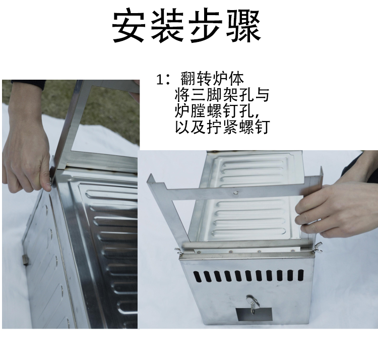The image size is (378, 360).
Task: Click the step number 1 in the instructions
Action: [x=160, y=79]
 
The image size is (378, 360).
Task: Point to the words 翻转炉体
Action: [x=212, y=79]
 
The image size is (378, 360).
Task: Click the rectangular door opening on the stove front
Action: [x=254, y=315]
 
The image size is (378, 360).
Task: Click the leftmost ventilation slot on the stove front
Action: [x=198, y=276]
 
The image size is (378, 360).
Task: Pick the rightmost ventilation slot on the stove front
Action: [x=300, y=275]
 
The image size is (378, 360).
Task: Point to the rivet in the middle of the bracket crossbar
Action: [x=235, y=193]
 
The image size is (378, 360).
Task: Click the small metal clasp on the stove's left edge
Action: [x=26, y=260]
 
